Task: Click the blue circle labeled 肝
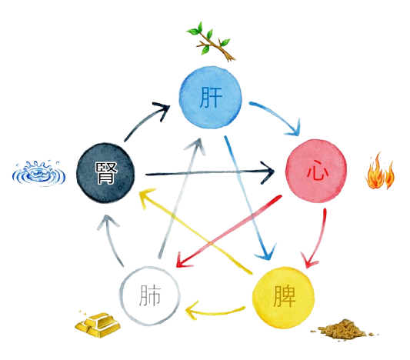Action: coord(211,98)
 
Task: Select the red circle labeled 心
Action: coord(316,172)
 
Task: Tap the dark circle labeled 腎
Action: coord(105,173)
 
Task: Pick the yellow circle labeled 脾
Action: coord(283,298)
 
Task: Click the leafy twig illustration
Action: coord(211,42)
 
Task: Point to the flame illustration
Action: coord(379,172)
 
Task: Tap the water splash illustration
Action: coord(38,173)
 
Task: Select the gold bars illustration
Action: coord(98,324)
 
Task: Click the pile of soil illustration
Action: coord(344,330)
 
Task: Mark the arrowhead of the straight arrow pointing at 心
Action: coord(268,172)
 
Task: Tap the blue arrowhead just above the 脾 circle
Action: coord(267,252)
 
